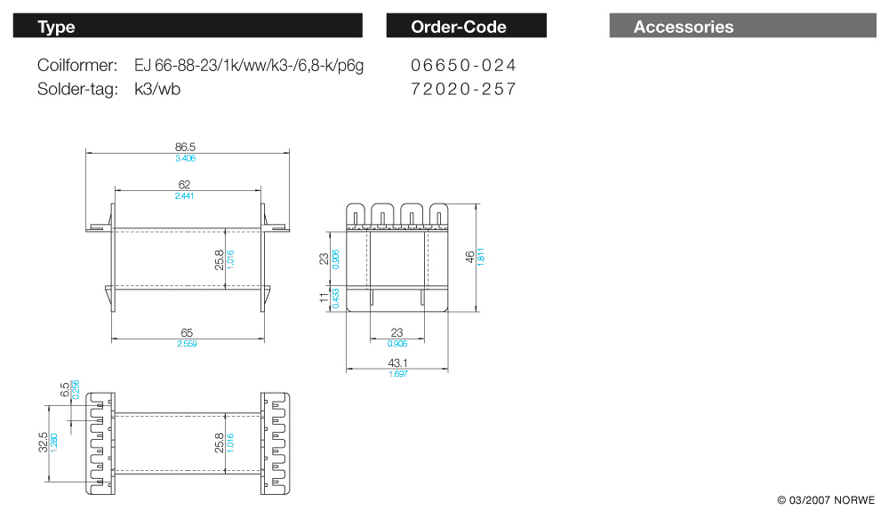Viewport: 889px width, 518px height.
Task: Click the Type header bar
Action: click(x=188, y=27)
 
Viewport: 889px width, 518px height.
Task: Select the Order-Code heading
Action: click(x=466, y=27)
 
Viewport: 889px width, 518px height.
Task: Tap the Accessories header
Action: click(x=742, y=27)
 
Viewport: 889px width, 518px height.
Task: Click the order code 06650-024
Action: click(x=463, y=66)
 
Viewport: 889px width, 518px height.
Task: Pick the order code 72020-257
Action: click(x=463, y=89)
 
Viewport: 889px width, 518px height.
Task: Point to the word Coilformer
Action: click(x=77, y=66)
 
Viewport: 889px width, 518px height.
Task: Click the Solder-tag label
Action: click(x=77, y=89)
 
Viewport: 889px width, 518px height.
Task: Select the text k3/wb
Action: click(x=157, y=89)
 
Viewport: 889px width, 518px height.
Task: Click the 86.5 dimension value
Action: click(x=186, y=146)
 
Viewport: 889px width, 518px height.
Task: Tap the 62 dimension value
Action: click(x=185, y=185)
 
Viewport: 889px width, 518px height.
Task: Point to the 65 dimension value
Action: click(x=187, y=332)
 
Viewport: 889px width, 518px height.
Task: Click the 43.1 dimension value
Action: click(x=397, y=363)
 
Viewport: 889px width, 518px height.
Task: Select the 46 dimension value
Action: click(x=469, y=258)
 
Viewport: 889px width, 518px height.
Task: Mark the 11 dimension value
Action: click(x=324, y=299)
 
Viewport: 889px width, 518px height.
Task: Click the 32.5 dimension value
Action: click(x=43, y=442)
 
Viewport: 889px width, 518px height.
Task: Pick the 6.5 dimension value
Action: click(x=65, y=389)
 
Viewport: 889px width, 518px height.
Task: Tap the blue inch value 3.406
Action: click(x=185, y=158)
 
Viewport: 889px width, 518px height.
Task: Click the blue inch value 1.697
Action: click(x=397, y=374)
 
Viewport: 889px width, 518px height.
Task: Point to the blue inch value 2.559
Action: click(x=187, y=344)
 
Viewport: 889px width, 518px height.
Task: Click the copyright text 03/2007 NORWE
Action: click(x=826, y=500)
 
